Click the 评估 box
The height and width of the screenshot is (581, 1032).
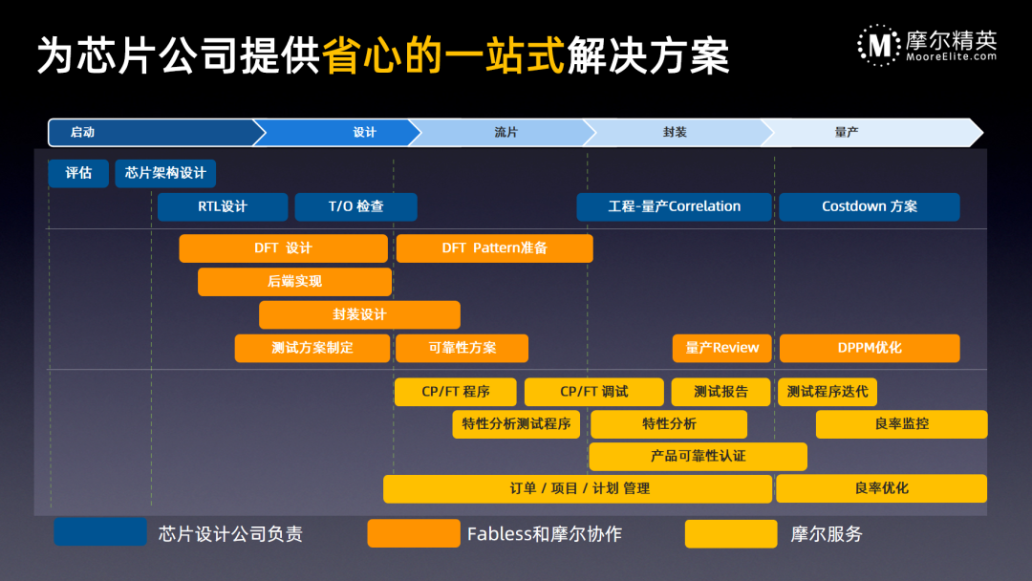pos(78,174)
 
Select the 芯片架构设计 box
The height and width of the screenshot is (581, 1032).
pos(165,174)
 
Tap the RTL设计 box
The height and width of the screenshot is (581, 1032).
pos(223,206)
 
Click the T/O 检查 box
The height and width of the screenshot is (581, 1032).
pos(355,206)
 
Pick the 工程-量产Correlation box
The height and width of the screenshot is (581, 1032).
pos(674,206)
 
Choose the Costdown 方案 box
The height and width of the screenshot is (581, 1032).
pos(869,206)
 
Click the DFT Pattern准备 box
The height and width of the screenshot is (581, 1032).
pos(494,248)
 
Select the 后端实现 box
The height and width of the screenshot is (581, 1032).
pos(294,282)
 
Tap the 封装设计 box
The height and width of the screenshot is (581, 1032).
pos(359,314)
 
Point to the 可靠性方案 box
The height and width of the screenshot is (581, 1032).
pos(462,348)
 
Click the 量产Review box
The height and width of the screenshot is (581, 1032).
pos(721,348)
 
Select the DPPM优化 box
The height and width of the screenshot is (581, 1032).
pos(869,348)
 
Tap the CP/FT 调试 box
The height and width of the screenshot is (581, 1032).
pos(593,392)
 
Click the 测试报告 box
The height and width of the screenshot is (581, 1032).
pos(721,392)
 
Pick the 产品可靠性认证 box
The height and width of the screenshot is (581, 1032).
pos(698,457)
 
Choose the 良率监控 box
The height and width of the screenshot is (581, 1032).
pos(901,424)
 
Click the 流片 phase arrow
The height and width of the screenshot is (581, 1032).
pos(505,133)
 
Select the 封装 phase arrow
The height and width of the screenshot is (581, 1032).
pos(675,133)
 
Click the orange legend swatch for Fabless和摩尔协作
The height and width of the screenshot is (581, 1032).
pos(413,533)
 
